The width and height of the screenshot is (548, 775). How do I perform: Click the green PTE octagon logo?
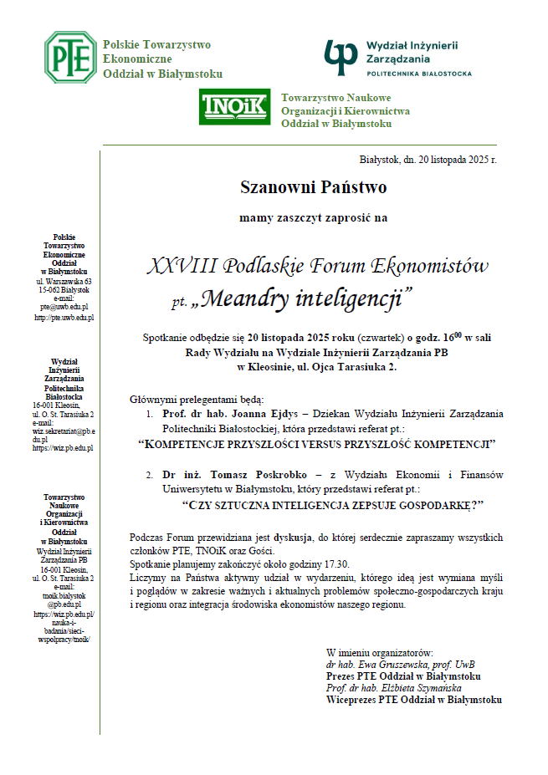coord(70,57)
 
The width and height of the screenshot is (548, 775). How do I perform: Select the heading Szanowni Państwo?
coord(313,186)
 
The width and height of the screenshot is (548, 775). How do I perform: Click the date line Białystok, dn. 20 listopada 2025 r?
coord(428,159)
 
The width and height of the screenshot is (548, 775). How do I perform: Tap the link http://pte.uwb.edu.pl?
coord(64,318)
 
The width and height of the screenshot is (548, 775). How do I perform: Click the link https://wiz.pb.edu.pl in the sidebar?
coord(64,447)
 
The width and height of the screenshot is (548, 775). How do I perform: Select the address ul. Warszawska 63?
coord(64,281)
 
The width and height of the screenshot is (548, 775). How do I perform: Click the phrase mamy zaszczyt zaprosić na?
coord(313,218)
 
